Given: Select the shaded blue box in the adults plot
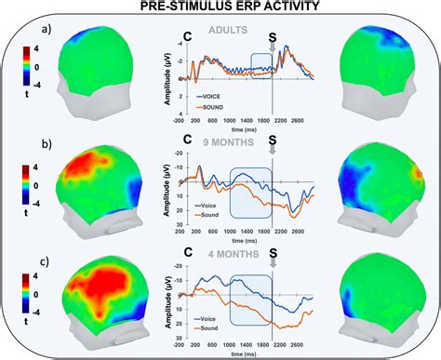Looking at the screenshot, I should point(261,70).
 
